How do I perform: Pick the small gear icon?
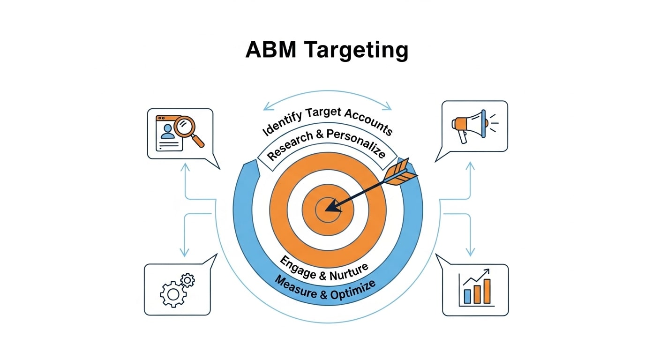(x=187, y=280)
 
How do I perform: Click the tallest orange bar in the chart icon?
(x=487, y=291)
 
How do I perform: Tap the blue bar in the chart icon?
(x=467, y=296)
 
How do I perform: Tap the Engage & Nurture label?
(x=324, y=268)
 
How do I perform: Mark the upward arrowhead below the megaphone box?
(x=471, y=165)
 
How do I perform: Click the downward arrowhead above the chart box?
(x=471, y=252)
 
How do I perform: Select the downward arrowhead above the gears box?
(x=185, y=252)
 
